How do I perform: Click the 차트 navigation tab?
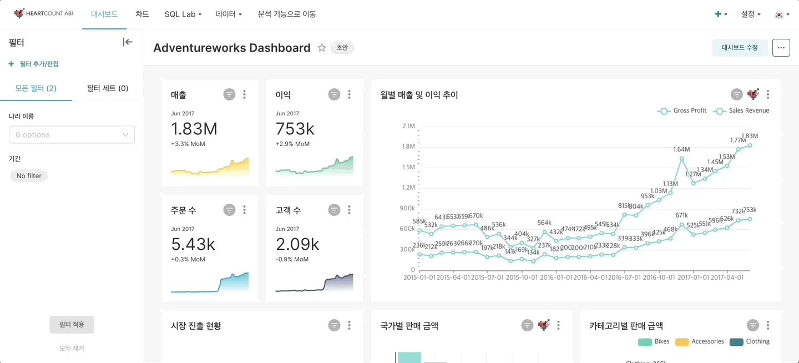click(142, 14)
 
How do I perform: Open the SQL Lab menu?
click(183, 14)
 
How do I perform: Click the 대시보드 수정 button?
click(740, 48)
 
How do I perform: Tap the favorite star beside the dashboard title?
click(322, 48)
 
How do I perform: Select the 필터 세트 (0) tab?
click(108, 88)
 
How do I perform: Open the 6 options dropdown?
click(72, 135)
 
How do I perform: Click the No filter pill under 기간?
click(29, 176)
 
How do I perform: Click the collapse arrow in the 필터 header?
click(128, 42)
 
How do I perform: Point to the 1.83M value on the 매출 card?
click(194, 129)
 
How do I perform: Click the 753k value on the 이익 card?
click(295, 129)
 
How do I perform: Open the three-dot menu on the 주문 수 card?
click(245, 210)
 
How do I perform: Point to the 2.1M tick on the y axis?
click(408, 126)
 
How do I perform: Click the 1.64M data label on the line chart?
click(681, 149)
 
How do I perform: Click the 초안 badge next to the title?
click(342, 48)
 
